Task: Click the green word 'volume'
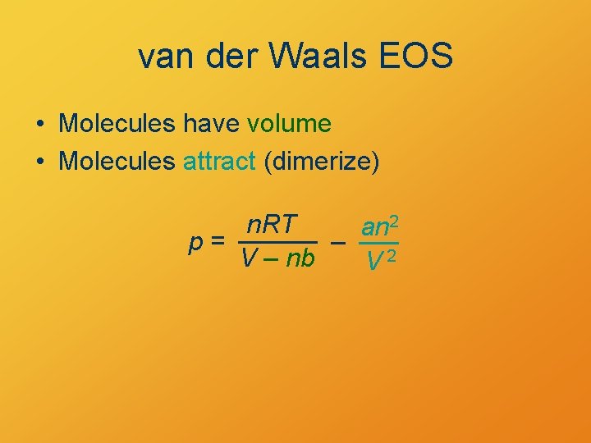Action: tap(289, 124)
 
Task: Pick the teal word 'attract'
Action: tap(219, 162)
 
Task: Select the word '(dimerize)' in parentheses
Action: tap(321, 162)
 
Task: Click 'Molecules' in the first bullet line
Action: tap(117, 124)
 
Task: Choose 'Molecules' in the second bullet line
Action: tap(117, 162)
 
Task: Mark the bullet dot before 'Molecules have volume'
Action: tap(39, 125)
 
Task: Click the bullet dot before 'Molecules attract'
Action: tap(39, 162)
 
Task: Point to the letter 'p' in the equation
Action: tap(195, 244)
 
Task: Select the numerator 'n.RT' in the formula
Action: tap(273, 224)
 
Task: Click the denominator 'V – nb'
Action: tap(277, 259)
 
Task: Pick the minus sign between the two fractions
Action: tap(337, 242)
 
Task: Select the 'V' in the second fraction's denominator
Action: tap(374, 263)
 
